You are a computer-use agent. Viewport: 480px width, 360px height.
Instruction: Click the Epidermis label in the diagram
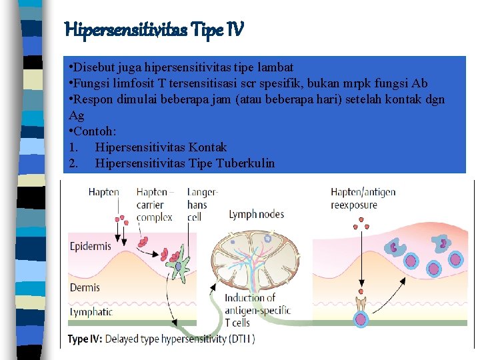90,246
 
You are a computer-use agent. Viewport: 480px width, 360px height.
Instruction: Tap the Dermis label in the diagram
85,287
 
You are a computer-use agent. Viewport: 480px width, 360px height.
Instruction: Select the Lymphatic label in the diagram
91,311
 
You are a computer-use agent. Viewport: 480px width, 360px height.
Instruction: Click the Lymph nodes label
256,214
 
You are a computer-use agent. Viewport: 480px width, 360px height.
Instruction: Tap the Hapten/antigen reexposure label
363,199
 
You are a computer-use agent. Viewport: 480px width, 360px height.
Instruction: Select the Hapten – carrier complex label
155,205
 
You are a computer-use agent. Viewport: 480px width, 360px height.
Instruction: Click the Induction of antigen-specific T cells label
249,310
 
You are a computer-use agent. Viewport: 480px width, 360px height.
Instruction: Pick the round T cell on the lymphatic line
361,319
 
